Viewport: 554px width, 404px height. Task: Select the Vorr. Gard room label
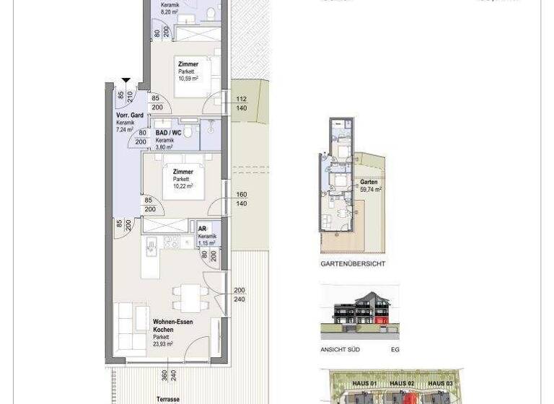coord(130,115)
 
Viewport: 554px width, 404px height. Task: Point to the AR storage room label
coord(203,229)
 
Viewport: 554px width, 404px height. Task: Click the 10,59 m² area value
coord(188,79)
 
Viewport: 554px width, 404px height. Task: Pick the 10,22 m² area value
coord(183,186)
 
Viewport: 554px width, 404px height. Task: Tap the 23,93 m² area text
coord(164,344)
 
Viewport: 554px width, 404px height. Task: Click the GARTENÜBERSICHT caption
coord(353,264)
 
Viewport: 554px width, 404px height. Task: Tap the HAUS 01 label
coord(364,383)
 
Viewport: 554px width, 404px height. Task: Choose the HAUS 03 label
coord(440,383)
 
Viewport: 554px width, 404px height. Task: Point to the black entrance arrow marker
coord(126,80)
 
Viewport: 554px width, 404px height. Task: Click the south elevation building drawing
coord(359,312)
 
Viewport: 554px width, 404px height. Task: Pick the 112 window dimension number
coord(241,100)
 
